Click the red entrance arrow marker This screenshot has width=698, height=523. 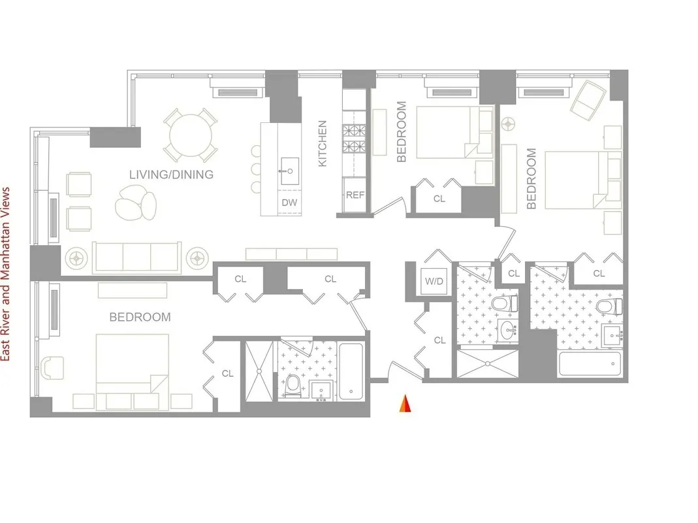(405, 405)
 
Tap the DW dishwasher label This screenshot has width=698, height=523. (289, 203)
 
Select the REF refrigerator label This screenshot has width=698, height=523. (355, 195)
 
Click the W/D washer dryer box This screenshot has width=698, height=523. (433, 282)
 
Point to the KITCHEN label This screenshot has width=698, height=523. (322, 143)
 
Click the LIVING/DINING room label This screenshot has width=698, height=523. (171, 175)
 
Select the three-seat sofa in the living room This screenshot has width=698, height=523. (137, 258)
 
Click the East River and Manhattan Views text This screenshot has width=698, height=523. (7, 273)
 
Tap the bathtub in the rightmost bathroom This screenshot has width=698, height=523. (588, 363)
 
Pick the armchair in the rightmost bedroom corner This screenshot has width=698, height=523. (588, 97)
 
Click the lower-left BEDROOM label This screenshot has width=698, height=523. (140, 317)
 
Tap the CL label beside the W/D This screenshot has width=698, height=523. (439, 340)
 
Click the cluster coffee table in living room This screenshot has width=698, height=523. (135, 202)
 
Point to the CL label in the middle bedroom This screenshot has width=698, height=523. (439, 199)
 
